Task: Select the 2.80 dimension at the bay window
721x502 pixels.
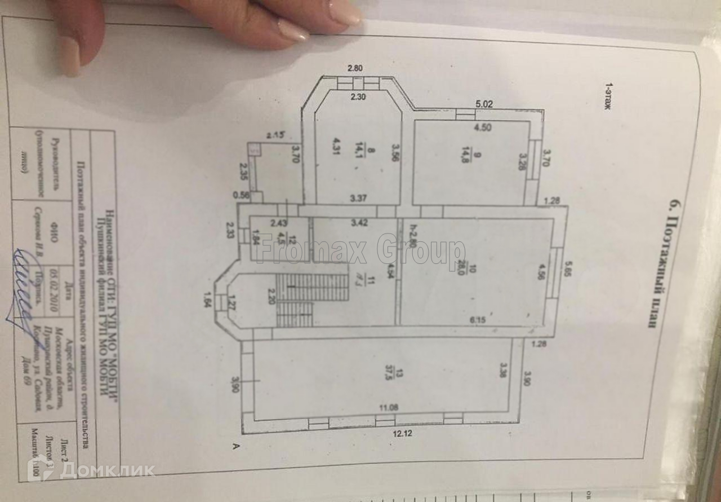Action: click(355, 69)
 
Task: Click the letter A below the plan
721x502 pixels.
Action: click(233, 446)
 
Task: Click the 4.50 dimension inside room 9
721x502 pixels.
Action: click(482, 127)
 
